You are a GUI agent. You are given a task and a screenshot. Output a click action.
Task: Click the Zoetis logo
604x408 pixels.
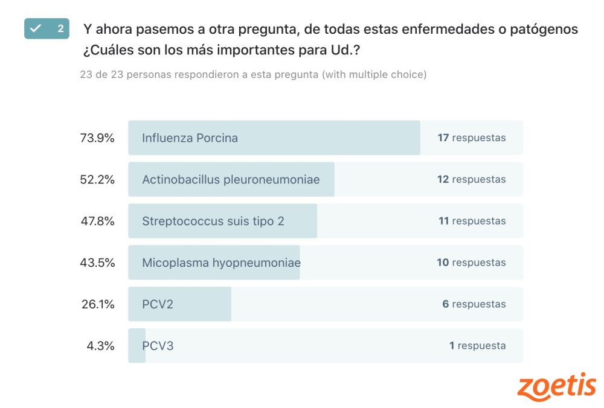tap(556, 387)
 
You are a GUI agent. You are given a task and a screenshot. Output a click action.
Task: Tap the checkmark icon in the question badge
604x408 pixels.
tap(36, 28)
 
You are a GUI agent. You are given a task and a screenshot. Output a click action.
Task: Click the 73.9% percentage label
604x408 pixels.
tap(97, 138)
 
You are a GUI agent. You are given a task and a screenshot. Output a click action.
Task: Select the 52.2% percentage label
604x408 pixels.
tap(97, 179)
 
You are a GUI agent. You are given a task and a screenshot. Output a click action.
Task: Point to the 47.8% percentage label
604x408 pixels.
tap(97, 221)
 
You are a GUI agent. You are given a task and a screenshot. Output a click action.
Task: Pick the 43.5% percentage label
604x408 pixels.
tap(97, 263)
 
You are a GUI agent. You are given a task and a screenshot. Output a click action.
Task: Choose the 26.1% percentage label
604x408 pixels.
tap(98, 304)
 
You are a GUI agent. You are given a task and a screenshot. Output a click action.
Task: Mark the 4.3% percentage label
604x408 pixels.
tap(100, 346)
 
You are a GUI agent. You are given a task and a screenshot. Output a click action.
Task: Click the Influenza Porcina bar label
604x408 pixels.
tap(190, 138)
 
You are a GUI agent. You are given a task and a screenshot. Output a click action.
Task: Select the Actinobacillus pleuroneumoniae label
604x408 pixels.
tap(231, 179)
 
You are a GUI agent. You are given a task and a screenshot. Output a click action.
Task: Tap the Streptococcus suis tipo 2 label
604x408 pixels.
tap(213, 221)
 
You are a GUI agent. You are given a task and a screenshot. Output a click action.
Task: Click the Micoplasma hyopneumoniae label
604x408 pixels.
tap(221, 263)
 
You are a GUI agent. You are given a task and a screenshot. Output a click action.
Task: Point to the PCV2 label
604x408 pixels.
tap(158, 304)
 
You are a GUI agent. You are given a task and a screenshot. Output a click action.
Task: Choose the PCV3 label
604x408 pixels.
tap(158, 346)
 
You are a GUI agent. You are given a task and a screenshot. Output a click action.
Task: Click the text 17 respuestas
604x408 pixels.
tap(472, 138)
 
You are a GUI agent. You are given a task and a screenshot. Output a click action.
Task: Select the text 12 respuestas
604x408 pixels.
tap(472, 179)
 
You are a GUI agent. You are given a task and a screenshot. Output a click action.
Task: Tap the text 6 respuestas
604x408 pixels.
tap(474, 304)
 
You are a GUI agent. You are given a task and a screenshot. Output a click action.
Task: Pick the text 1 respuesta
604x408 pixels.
tap(477, 346)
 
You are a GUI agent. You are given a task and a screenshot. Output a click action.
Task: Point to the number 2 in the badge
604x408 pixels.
tap(60, 28)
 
